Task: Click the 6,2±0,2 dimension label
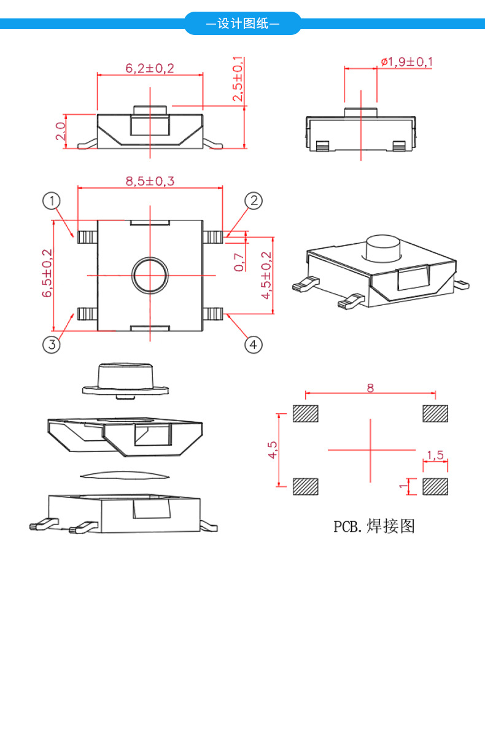click(150, 68)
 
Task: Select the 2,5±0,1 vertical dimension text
click(238, 80)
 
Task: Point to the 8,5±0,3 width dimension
click(150, 181)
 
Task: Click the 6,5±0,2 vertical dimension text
click(47, 274)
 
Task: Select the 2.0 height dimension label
click(60, 131)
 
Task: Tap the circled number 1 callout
click(52, 201)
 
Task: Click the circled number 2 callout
click(254, 201)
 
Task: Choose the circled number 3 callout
click(52, 344)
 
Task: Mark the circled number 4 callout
click(254, 344)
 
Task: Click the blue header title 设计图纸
click(243, 25)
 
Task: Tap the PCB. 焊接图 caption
click(374, 526)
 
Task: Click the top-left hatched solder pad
click(306, 414)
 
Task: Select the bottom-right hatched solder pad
click(435, 487)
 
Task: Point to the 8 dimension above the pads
click(370, 387)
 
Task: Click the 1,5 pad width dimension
click(435, 455)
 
